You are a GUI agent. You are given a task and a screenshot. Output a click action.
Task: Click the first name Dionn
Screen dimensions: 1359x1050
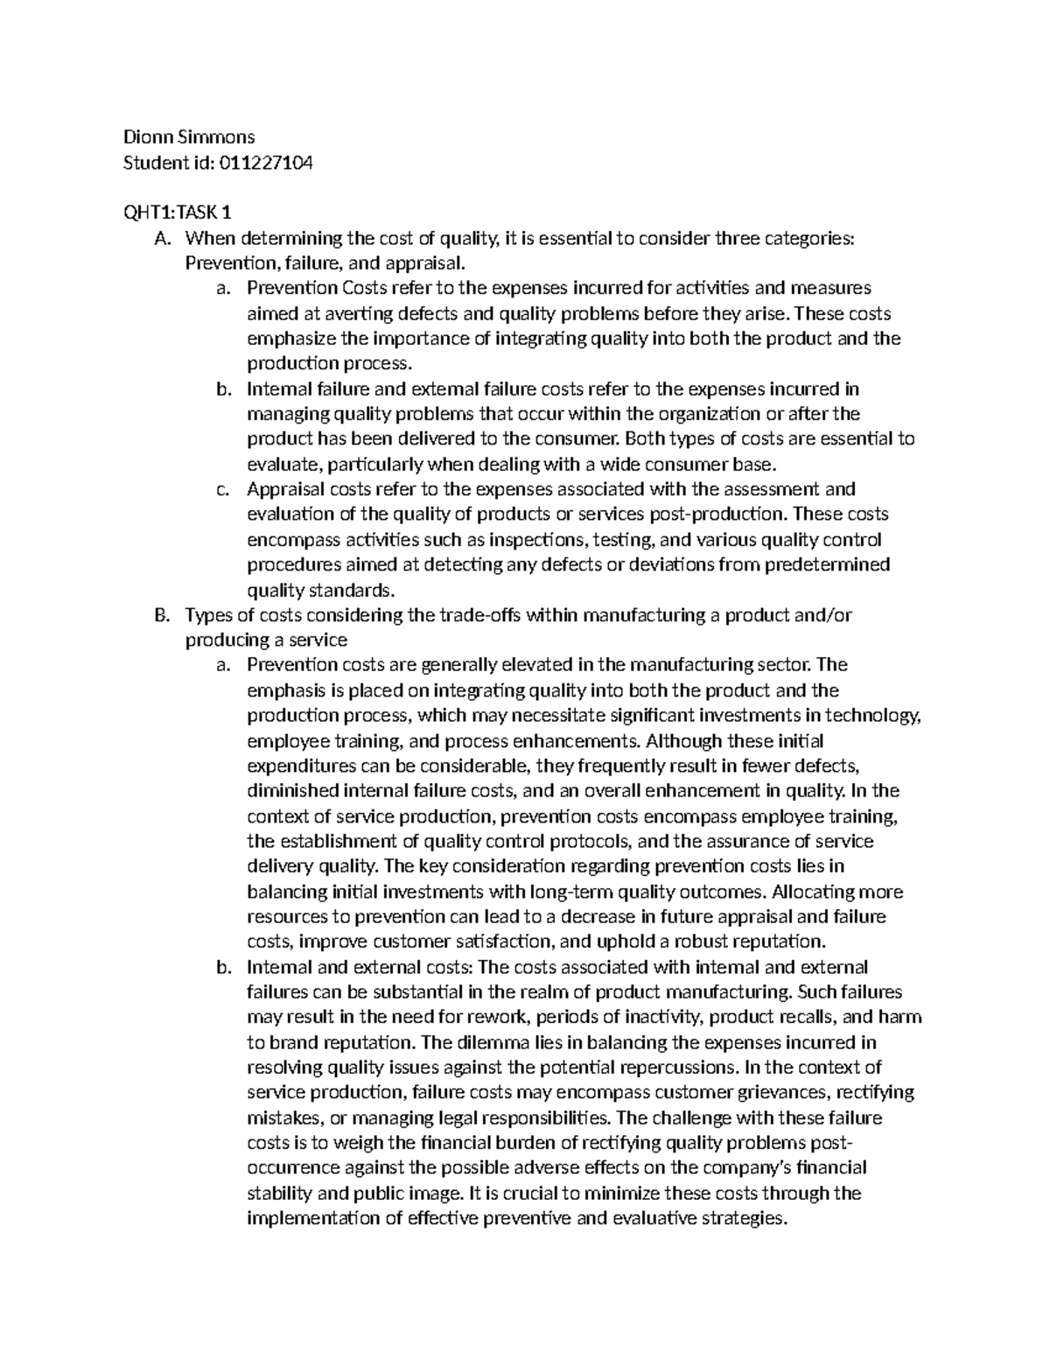pyautogui.click(x=146, y=137)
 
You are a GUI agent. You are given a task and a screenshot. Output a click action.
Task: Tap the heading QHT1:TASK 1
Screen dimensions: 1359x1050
pyautogui.click(x=178, y=213)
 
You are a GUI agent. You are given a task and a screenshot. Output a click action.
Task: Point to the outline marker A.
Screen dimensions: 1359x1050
pyautogui.click(x=159, y=238)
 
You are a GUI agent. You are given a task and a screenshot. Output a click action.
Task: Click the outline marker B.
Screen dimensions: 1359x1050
pyautogui.click(x=159, y=615)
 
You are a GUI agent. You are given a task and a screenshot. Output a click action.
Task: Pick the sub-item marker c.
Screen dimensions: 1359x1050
pyautogui.click(x=222, y=489)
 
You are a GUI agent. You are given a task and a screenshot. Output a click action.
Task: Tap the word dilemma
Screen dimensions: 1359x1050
pyautogui.click(x=487, y=1043)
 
